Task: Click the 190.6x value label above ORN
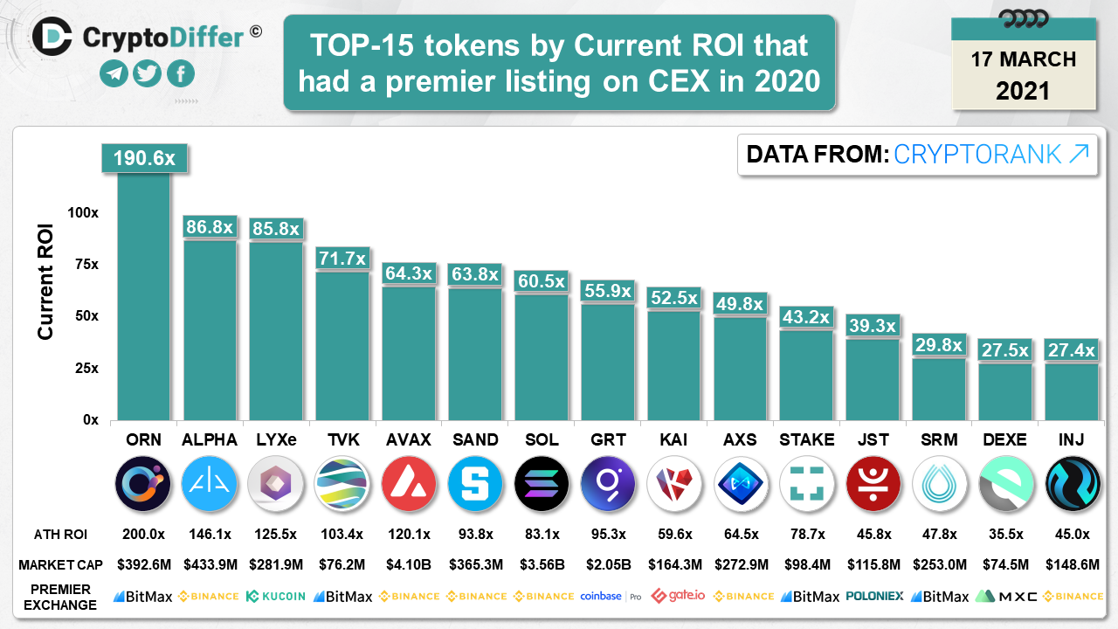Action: (x=143, y=159)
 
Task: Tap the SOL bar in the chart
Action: (x=542, y=357)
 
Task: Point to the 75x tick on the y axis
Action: (x=84, y=264)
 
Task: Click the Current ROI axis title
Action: (x=46, y=282)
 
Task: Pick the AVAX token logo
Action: (x=409, y=483)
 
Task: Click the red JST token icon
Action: (x=873, y=483)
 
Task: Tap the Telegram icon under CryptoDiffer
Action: (x=114, y=74)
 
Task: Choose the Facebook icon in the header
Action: (x=180, y=74)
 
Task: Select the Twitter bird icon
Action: (x=148, y=74)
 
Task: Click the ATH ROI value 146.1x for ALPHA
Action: (x=210, y=534)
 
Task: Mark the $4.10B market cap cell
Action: (x=409, y=565)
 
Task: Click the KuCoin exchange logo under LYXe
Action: (x=276, y=596)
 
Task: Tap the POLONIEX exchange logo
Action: (x=874, y=596)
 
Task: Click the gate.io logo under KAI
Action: (x=678, y=596)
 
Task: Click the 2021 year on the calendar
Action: (x=1023, y=90)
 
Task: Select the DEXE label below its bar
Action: (x=1005, y=439)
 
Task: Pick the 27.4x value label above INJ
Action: (x=1071, y=350)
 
